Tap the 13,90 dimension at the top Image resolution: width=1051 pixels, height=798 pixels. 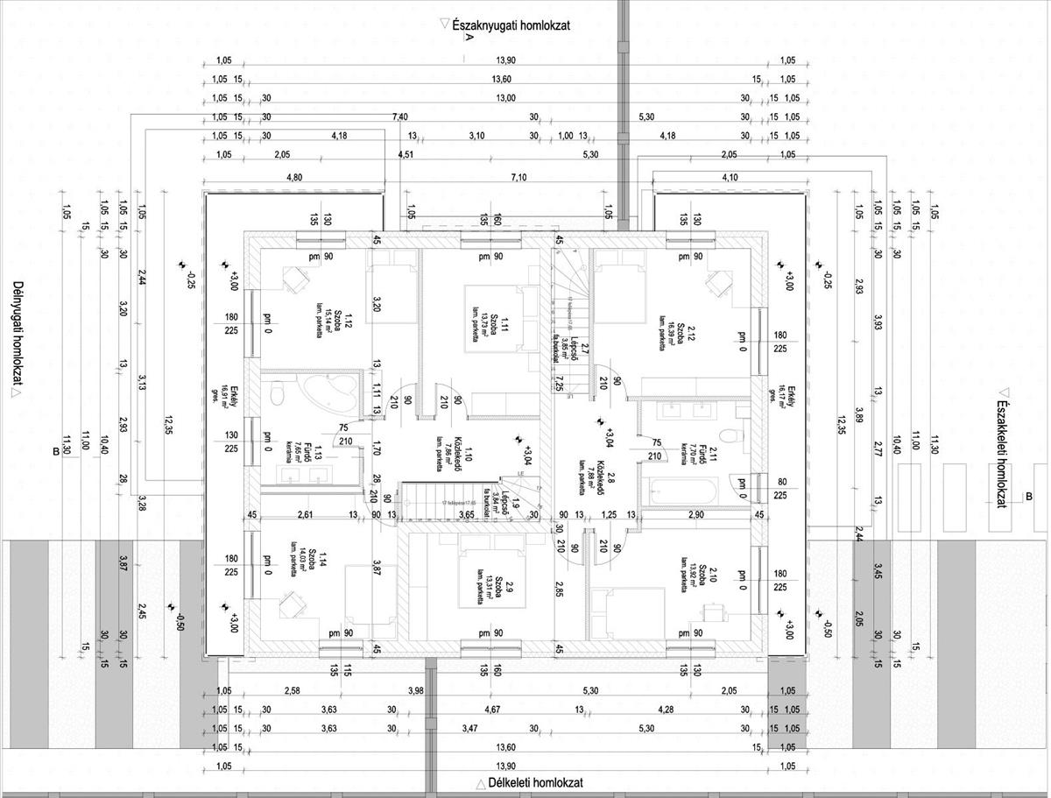[x=505, y=60]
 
